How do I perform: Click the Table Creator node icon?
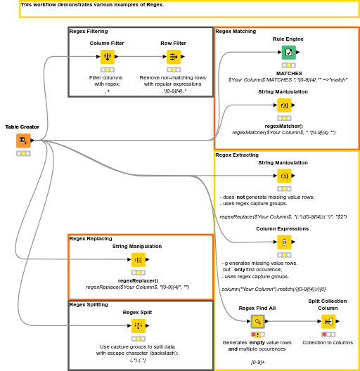tap(23, 141)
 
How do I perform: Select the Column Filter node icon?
tap(107, 57)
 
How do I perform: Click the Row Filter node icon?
tap(174, 57)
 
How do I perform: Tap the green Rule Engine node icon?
tap(288, 52)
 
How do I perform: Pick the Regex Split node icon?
tap(139, 325)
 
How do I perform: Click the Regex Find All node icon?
tap(257, 321)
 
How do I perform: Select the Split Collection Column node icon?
tap(328, 321)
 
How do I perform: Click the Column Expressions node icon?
tap(283, 242)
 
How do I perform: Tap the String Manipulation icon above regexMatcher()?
tap(283, 105)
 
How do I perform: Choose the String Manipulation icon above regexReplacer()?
tap(138, 260)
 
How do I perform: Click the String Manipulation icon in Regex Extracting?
tap(283, 176)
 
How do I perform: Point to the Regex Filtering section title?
tap(89, 32)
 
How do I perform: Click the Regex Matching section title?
tap(236, 32)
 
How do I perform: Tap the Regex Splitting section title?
tap(89, 304)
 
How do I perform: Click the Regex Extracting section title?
tap(237, 155)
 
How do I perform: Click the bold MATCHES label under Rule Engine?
tap(288, 73)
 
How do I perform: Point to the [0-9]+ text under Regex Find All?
tap(258, 362)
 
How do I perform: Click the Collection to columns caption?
tap(328, 343)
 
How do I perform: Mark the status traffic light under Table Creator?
tap(23, 153)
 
